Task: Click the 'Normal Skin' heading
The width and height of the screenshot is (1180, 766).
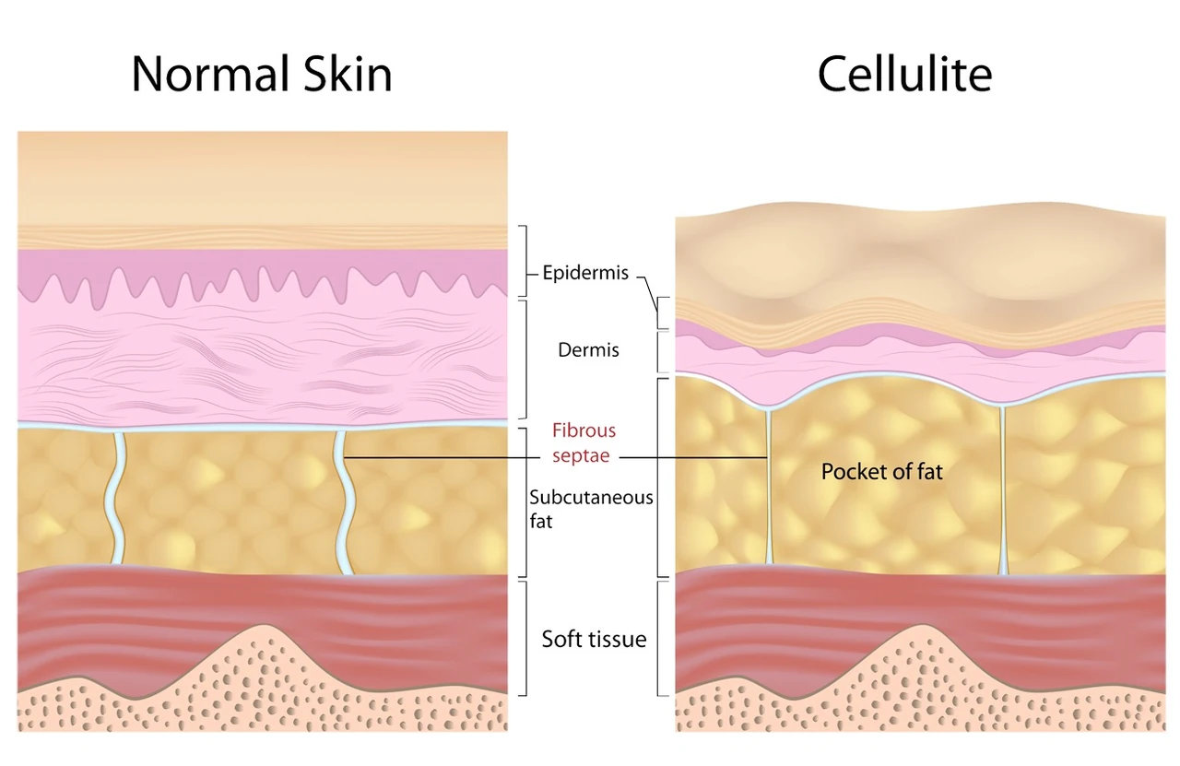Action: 262,74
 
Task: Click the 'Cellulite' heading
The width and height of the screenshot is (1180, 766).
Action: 905,74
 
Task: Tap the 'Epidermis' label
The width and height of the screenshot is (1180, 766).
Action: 585,274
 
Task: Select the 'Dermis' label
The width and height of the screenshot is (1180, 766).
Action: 588,349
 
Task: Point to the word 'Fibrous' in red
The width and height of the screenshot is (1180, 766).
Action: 584,431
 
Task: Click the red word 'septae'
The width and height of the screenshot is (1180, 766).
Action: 581,455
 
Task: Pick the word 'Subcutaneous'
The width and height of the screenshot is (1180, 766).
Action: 591,498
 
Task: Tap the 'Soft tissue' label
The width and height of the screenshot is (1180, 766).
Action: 595,639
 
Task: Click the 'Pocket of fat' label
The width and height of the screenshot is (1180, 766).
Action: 882,472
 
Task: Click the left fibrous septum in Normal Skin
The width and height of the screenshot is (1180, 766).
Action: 115,498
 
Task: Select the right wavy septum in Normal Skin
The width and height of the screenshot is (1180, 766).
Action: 344,503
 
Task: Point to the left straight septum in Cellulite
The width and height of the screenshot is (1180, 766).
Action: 769,488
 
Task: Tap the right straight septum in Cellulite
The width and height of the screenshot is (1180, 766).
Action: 1002,491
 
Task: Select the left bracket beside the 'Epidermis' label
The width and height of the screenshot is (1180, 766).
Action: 525,261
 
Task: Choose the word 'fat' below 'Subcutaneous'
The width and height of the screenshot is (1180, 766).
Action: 541,522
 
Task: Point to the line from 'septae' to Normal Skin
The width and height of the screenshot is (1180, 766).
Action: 442,458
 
